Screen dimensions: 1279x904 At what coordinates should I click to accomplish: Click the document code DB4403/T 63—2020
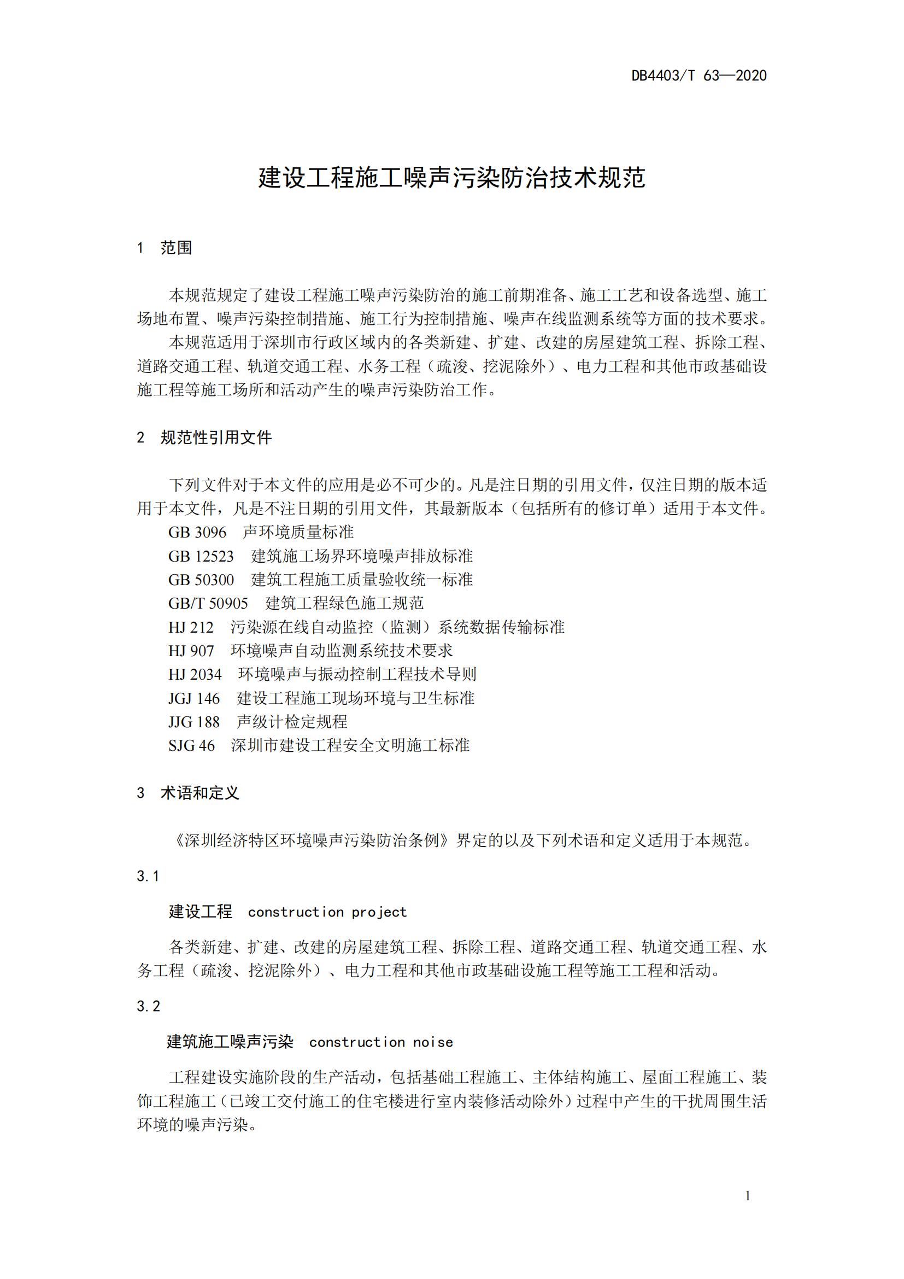[x=698, y=76]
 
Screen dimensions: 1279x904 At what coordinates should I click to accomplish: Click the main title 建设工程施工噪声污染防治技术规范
[x=451, y=178]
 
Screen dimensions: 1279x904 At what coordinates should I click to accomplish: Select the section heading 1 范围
[x=165, y=248]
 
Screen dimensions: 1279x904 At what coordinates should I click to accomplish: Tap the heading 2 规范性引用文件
[x=204, y=438]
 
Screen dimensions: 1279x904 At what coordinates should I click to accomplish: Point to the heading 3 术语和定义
[x=188, y=793]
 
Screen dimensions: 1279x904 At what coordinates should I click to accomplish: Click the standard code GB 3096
[x=197, y=533]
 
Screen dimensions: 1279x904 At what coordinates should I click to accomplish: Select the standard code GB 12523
[x=201, y=557]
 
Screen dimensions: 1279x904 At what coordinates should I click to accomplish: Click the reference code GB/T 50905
[x=208, y=604]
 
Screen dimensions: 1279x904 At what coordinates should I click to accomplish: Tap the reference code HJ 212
[x=191, y=628]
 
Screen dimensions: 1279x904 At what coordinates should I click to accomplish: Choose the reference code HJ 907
[x=191, y=651]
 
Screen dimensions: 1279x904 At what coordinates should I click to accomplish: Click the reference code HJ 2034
[x=195, y=675]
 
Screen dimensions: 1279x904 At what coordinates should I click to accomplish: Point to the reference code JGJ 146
[x=193, y=698]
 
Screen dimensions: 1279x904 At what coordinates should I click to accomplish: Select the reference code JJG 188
[x=193, y=722]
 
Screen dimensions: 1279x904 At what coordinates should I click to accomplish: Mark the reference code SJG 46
[x=191, y=746]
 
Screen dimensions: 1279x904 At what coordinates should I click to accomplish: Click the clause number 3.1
[x=148, y=876]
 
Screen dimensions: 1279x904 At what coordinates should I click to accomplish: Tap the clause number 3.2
[x=148, y=1006]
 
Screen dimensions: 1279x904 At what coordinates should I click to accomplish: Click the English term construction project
[x=327, y=913]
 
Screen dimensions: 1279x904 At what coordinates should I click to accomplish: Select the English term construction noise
[x=381, y=1042]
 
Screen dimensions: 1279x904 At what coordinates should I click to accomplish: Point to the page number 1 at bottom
[x=748, y=1196]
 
